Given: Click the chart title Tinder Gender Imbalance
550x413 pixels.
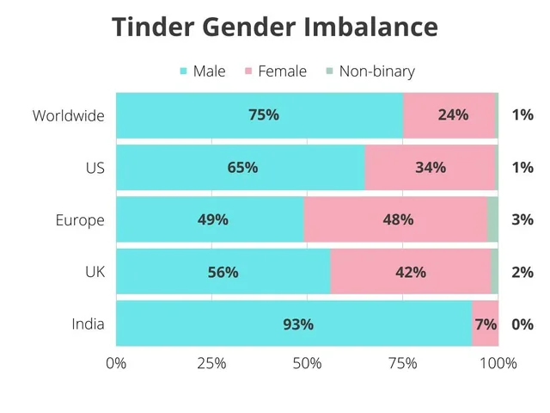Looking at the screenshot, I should pos(275,28).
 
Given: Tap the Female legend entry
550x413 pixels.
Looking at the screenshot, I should pos(275,71).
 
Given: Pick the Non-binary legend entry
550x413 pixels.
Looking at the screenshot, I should pos(370,71).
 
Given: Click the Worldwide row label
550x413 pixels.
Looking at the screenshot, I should pos(69,115).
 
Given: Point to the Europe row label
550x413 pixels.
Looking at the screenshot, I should pos(80,220).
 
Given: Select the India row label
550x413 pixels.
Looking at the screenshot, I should pos(89,324).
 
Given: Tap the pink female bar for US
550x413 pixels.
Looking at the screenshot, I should pos(430,168).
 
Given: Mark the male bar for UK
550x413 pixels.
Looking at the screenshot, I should pos(223,273).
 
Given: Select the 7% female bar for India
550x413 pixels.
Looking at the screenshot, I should pos(485,324).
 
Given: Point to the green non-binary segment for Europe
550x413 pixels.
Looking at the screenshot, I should pos(492,220).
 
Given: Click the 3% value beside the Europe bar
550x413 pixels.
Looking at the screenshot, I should pos(522,220).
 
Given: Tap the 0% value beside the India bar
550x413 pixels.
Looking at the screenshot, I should pos(522,325).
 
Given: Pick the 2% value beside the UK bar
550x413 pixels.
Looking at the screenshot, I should pos(522,273).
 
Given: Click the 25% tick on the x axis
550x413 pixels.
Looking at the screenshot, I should pos(211,363).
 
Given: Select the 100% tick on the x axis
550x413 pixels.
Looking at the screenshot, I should pos(498,363).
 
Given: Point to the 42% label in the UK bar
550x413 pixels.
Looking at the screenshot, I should pos(411,273).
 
